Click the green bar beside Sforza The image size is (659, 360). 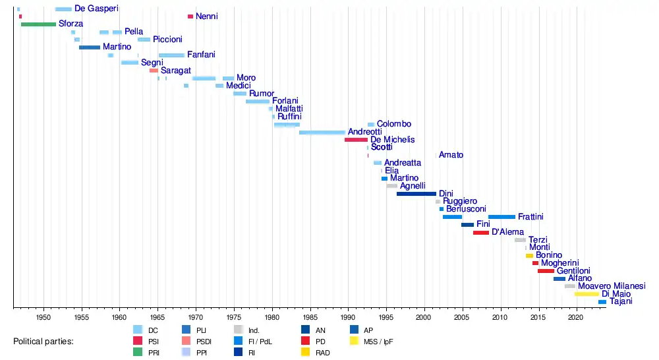[x=38, y=24]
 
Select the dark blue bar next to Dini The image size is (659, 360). [x=416, y=194]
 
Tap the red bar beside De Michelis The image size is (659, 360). [x=356, y=140]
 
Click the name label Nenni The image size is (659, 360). [x=206, y=16]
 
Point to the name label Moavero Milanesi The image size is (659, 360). [x=611, y=286]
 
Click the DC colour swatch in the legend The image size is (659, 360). [x=138, y=329]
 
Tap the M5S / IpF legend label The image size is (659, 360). [x=378, y=341]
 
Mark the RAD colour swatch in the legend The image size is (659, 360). [x=306, y=353]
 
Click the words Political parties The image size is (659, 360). [x=43, y=342]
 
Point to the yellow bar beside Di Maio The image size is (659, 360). [x=587, y=294]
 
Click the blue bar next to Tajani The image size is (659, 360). [x=602, y=302]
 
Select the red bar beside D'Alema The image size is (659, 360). [x=481, y=233]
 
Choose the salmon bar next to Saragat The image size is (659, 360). [x=154, y=71]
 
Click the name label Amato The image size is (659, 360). [x=451, y=155]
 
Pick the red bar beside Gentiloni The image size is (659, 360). [x=546, y=271]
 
